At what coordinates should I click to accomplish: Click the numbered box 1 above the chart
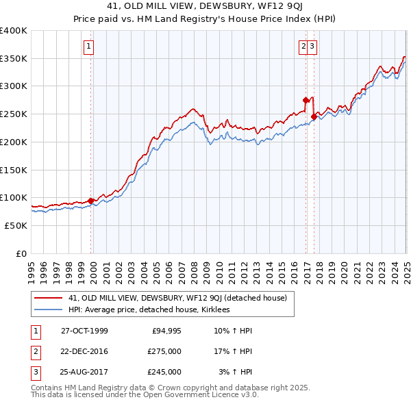(x=90, y=47)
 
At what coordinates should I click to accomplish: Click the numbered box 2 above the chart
(x=303, y=47)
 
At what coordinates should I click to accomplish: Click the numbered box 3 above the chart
(x=312, y=47)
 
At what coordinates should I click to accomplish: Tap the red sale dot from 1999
(x=91, y=201)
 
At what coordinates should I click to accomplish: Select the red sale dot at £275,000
(x=306, y=100)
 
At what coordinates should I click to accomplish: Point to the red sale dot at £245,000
(x=314, y=116)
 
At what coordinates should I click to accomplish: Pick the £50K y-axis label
(x=16, y=225)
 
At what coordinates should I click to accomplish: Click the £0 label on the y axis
(x=21, y=253)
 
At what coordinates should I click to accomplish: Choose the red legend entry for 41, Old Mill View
(x=182, y=298)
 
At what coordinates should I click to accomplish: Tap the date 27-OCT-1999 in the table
(x=84, y=331)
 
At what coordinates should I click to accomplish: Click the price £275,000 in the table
(x=164, y=351)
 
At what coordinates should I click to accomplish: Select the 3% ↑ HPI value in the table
(x=235, y=372)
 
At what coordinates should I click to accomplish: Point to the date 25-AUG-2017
(x=84, y=372)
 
